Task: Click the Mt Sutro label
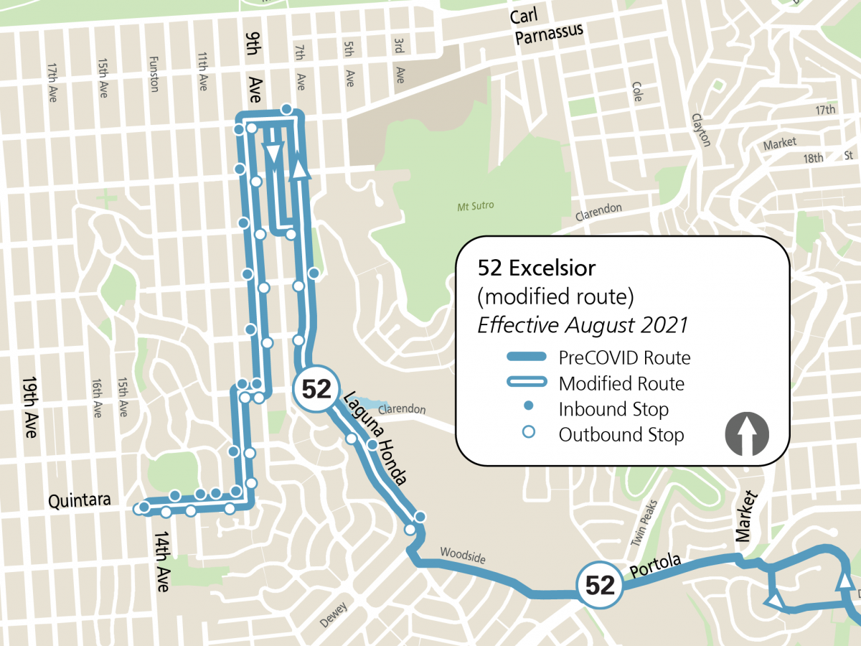[x=475, y=206]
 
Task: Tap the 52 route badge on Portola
[x=600, y=586]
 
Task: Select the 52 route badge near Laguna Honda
[x=316, y=389]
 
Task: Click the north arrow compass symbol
[x=747, y=434]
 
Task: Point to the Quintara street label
[x=79, y=500]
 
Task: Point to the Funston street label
[x=153, y=74]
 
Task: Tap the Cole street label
[x=636, y=91]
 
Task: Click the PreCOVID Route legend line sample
[x=527, y=357]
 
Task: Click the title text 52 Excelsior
[x=537, y=268]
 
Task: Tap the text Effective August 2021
[x=583, y=324]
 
